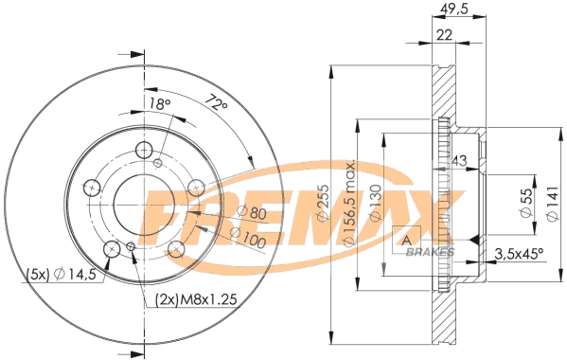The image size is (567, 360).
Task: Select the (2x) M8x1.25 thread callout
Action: [x=196, y=300]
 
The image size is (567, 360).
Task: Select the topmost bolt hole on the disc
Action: [x=144, y=150]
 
